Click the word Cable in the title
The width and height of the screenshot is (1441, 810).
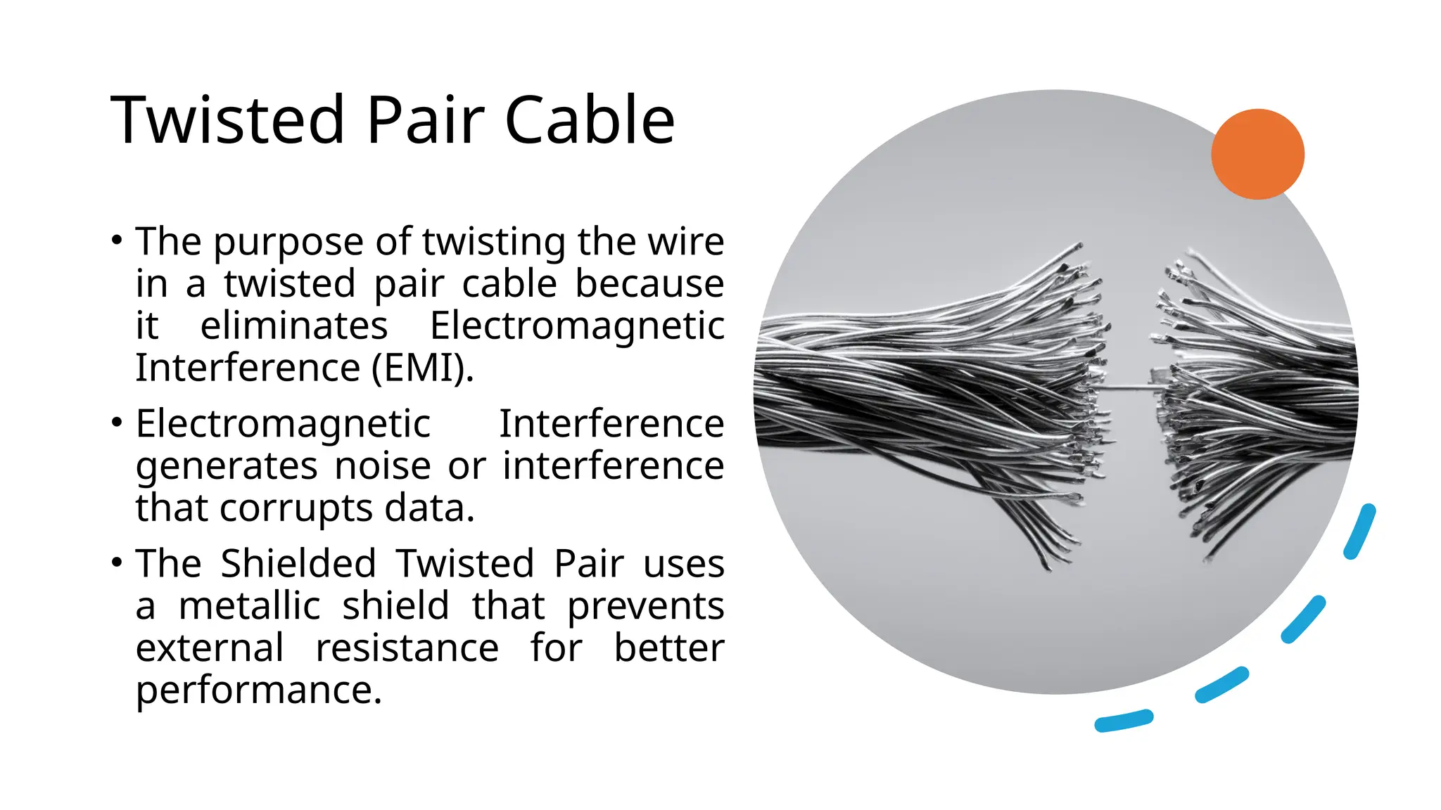(590, 120)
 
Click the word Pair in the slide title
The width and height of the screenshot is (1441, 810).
(425, 120)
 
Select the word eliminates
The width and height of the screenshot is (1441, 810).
(294, 326)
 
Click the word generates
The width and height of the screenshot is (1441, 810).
(227, 467)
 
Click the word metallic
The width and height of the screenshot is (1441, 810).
(250, 606)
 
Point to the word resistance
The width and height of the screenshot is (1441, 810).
(407, 648)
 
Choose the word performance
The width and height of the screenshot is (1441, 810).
(258, 690)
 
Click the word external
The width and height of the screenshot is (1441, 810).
(210, 648)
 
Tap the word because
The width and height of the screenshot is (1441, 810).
(649, 283)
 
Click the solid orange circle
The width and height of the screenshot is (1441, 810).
(1257, 154)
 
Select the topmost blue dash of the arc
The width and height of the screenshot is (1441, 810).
(1359, 532)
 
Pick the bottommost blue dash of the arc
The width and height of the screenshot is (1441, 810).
(1123, 721)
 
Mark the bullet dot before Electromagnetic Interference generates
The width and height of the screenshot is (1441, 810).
(117, 423)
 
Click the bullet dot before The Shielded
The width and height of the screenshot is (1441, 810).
(117, 563)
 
